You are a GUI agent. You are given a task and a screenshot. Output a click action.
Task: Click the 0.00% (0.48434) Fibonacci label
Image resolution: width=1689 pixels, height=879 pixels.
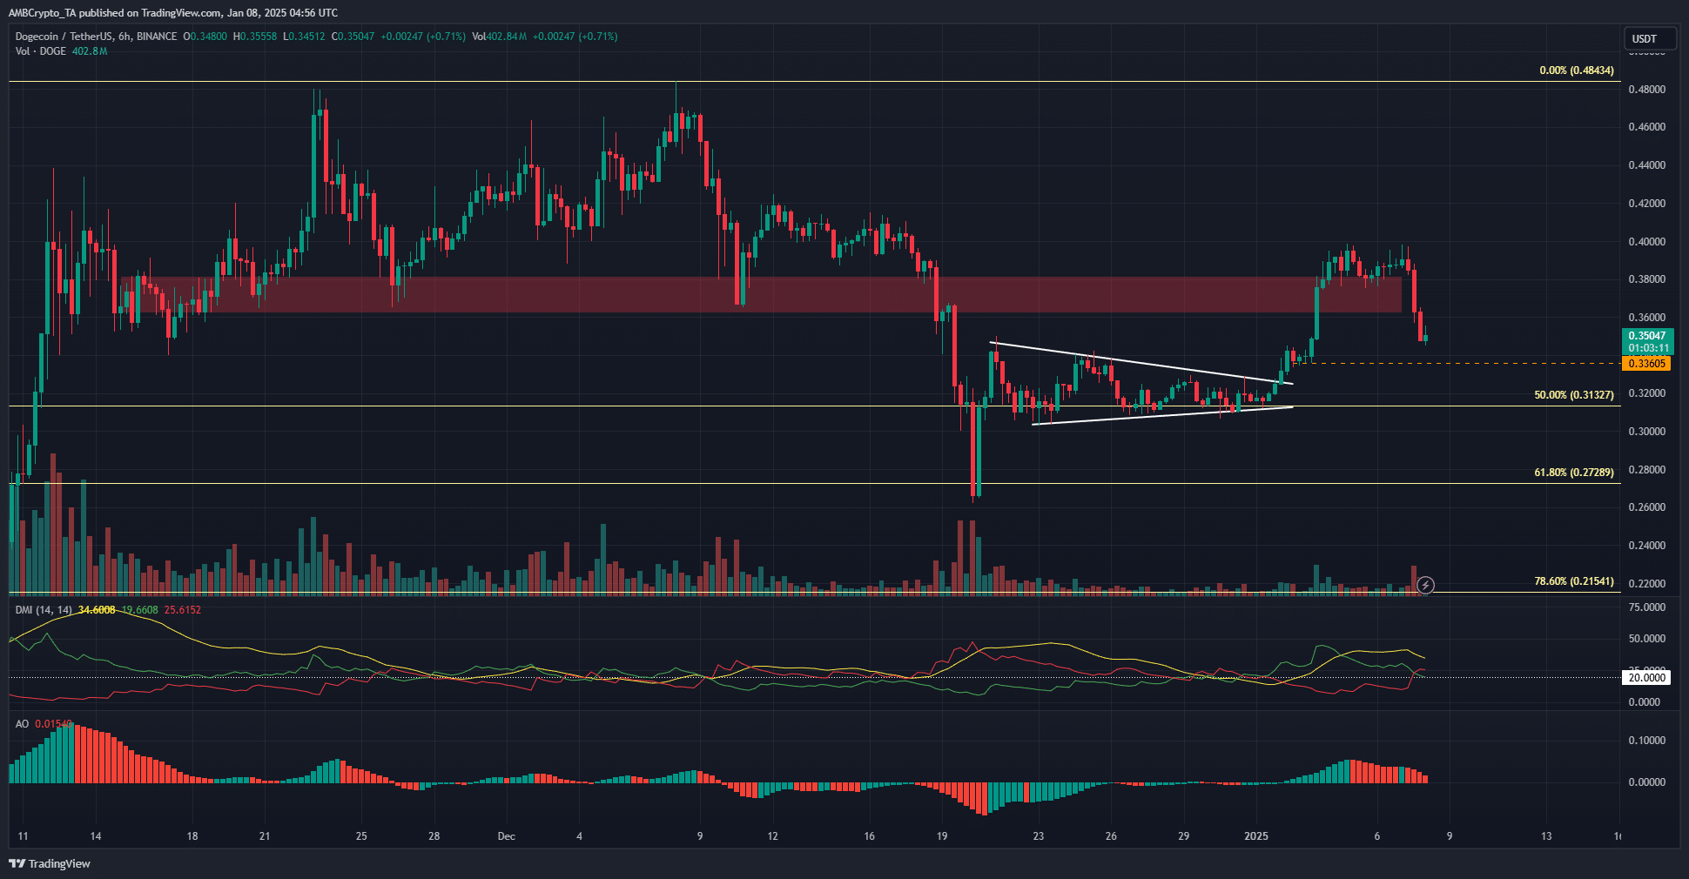click(x=1576, y=70)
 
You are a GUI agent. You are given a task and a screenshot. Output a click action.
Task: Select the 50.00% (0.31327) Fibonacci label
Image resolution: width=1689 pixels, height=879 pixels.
click(x=1573, y=395)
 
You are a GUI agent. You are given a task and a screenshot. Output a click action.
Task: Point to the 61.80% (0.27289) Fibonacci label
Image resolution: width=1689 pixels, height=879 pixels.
click(x=1573, y=473)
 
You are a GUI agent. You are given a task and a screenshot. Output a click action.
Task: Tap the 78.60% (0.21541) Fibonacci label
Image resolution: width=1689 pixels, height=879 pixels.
click(x=1573, y=581)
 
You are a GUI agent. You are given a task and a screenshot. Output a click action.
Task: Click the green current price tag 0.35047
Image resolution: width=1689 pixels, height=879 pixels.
click(x=1647, y=336)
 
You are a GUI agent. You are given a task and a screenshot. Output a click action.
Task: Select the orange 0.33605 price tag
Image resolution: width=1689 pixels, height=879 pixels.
click(x=1646, y=364)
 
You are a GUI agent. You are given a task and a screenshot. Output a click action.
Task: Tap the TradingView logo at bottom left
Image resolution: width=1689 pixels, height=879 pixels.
click(x=50, y=863)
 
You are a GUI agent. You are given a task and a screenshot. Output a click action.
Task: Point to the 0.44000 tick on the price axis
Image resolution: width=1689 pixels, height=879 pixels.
click(x=1646, y=165)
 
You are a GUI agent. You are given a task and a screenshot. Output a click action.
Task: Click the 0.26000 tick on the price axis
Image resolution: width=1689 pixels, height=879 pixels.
click(x=1646, y=507)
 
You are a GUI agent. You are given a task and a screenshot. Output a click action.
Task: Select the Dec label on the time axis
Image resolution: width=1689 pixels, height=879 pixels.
click(x=506, y=836)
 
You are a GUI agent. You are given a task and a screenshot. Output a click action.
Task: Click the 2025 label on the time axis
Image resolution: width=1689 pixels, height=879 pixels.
click(x=1256, y=836)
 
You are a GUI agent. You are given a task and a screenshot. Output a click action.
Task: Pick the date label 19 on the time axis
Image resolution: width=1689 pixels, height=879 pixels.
click(x=942, y=836)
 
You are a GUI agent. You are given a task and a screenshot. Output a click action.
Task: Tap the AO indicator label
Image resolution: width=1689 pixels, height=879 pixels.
click(x=22, y=724)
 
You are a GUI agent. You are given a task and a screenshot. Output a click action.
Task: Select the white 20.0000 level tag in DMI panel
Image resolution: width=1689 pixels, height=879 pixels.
click(x=1646, y=678)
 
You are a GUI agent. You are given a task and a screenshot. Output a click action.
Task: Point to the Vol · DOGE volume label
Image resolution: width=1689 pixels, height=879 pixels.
click(x=41, y=51)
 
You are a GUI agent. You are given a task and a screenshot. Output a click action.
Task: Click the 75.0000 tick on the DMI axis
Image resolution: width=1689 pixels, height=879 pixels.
click(x=1646, y=607)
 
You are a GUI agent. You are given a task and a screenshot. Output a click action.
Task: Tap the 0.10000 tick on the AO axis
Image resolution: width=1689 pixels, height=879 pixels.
click(x=1646, y=741)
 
